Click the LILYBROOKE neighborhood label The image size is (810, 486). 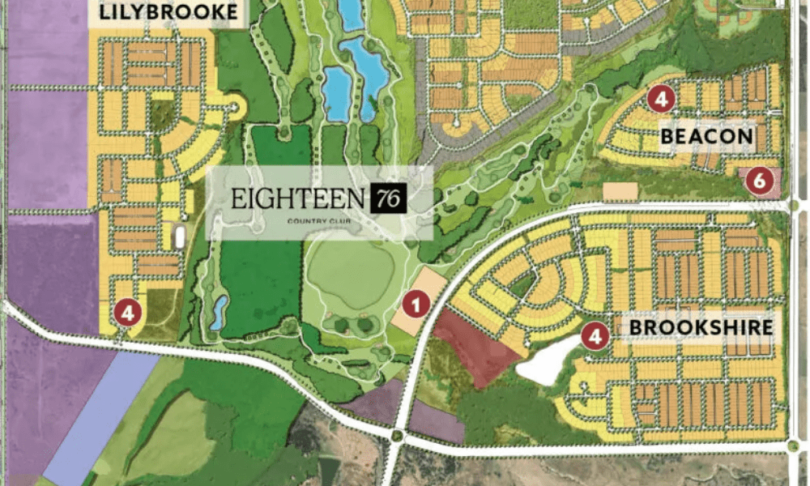168,12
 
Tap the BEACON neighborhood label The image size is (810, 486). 706,136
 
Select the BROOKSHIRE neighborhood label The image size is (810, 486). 701,327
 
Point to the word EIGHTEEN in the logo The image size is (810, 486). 297,198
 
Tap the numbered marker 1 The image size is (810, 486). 416,305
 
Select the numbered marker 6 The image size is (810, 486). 759,181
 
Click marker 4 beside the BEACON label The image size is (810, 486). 661,100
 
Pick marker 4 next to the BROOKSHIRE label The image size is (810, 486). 596,336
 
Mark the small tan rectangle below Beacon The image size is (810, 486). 621,192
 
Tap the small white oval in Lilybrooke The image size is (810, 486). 179,237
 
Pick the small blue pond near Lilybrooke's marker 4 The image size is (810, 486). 218,313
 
